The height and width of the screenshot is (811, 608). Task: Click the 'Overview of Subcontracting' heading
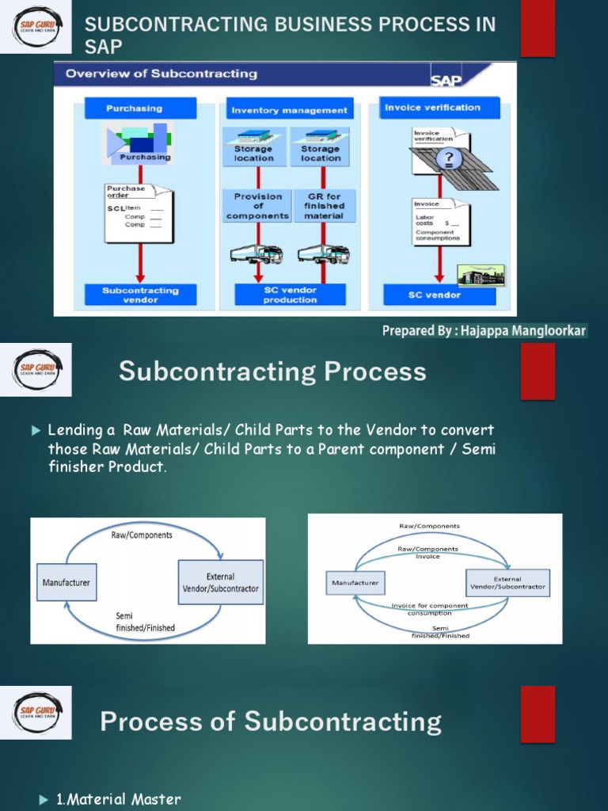point(161,74)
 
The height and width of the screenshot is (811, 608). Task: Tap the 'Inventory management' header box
point(289,110)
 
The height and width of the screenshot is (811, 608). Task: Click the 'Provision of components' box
point(257,206)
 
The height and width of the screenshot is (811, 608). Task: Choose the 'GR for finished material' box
point(324,206)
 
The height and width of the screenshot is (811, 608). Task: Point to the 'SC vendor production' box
point(290,295)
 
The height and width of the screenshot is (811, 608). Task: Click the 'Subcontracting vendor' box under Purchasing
point(140,295)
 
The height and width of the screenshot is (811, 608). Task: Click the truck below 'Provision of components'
point(256,253)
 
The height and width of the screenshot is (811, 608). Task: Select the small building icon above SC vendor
point(481,275)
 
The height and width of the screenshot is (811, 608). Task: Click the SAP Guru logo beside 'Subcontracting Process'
point(37,370)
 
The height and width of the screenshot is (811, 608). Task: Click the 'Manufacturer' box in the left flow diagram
point(66,582)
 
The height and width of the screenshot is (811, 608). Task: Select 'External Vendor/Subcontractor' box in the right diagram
point(507,584)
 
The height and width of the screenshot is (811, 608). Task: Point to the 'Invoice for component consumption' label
point(430,609)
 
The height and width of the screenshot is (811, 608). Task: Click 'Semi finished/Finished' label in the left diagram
point(145,622)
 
